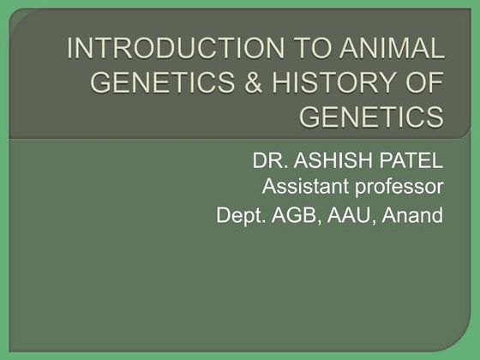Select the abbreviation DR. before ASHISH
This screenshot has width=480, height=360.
(x=268, y=161)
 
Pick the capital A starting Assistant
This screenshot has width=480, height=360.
(x=267, y=186)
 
